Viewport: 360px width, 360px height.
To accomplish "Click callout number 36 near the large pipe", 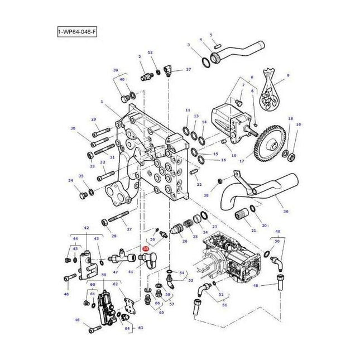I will (286, 211).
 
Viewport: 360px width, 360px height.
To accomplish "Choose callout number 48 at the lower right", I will (272, 285).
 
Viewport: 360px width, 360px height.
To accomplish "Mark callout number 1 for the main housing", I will (103, 102).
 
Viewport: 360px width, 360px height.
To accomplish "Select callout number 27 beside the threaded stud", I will (129, 229).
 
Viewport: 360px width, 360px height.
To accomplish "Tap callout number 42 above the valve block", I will (87, 228).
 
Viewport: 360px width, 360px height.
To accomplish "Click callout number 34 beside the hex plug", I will (70, 180).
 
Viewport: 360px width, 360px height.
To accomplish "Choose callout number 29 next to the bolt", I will (93, 119).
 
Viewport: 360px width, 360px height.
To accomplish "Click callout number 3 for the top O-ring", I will (188, 45).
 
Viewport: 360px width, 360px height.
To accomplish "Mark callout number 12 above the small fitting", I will (150, 52).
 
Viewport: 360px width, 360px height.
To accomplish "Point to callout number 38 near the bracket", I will (206, 195).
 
